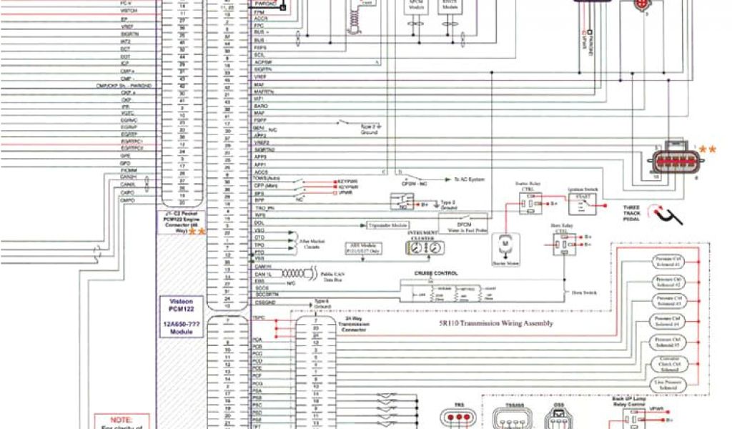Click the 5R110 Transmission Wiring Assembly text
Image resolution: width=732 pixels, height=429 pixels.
(486, 323)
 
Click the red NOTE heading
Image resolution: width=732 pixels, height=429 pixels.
(122, 420)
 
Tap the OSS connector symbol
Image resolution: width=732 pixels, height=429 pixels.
(558, 419)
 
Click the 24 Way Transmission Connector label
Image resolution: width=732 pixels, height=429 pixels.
(355, 327)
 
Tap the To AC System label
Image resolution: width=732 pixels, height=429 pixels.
(469, 179)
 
